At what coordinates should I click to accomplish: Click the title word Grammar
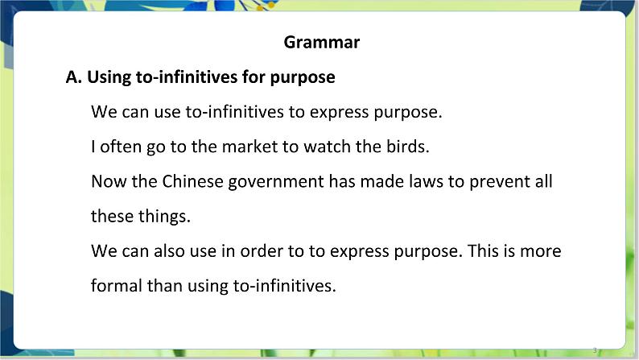click(x=321, y=43)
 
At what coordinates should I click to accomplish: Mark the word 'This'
click(x=483, y=250)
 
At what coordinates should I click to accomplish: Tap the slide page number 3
click(x=595, y=350)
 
